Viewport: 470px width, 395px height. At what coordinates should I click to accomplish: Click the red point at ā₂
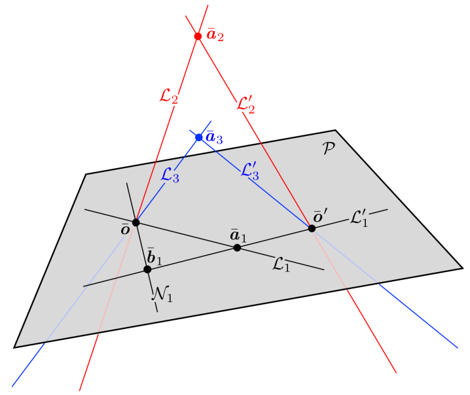tap(198, 36)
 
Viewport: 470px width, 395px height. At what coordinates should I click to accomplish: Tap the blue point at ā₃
tap(199, 137)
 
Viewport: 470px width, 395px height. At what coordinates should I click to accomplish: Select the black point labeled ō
tap(136, 222)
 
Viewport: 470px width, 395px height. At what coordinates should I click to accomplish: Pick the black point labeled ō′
tap(312, 228)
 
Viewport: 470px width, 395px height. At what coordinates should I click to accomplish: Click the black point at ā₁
tap(237, 247)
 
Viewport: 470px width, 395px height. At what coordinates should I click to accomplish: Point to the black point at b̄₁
tap(147, 269)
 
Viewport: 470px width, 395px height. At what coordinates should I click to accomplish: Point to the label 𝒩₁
tap(162, 294)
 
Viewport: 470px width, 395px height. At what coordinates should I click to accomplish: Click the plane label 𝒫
tap(328, 149)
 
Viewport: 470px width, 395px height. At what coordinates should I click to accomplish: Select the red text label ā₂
tap(215, 35)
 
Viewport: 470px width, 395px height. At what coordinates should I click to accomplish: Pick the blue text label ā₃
tap(215, 138)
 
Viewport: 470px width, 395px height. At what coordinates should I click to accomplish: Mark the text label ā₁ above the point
tap(238, 234)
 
